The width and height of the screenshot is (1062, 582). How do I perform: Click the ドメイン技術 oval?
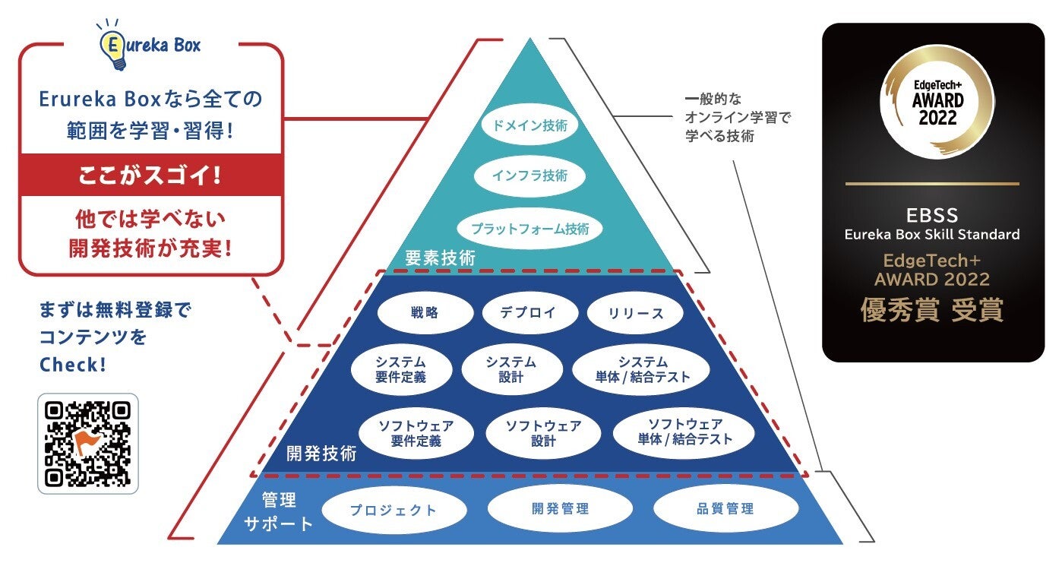[529, 126]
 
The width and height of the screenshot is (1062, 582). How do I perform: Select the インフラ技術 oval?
[529, 176]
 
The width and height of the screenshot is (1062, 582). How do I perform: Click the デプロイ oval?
[529, 312]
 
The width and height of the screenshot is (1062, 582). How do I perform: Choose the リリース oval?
[636, 313]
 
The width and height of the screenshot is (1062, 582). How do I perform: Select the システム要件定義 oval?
[401, 369]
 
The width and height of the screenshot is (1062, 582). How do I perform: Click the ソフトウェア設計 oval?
[544, 432]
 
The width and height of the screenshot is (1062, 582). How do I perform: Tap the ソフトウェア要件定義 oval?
[416, 432]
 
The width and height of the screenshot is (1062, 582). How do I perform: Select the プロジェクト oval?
[394, 510]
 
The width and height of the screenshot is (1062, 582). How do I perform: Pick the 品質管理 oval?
[725, 509]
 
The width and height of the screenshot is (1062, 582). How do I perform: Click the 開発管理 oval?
[560, 509]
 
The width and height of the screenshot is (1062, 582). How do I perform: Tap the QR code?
[88, 444]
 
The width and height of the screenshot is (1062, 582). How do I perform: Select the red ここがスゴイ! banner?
[150, 176]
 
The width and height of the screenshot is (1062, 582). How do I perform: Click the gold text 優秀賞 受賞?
[932, 310]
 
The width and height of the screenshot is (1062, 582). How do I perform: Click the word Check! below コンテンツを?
[73, 365]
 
